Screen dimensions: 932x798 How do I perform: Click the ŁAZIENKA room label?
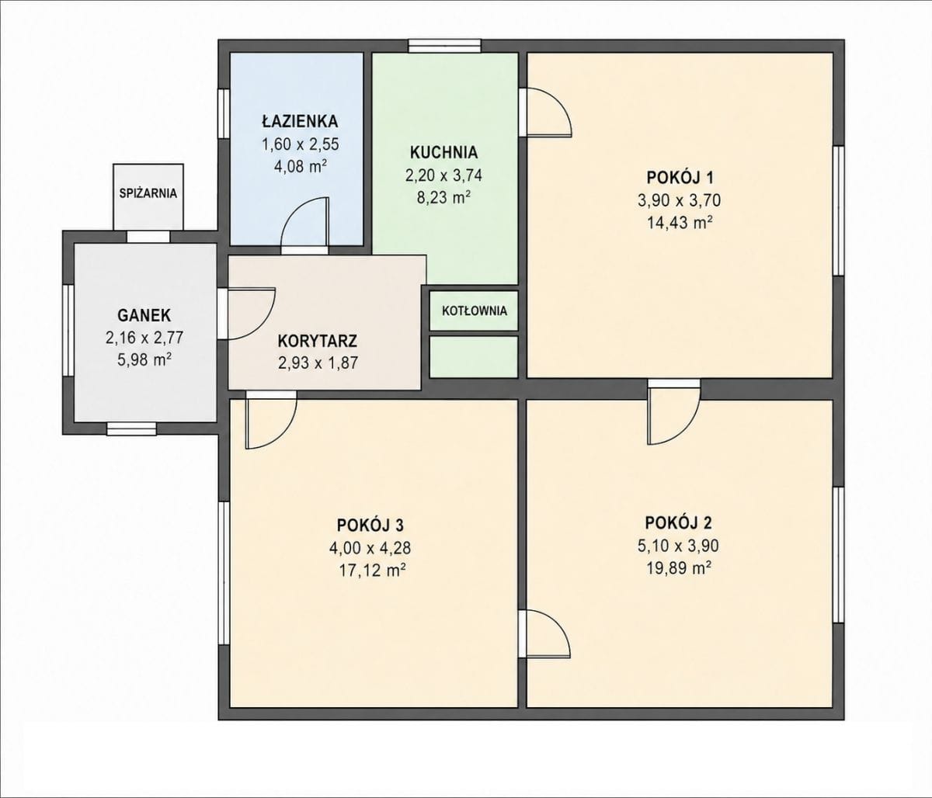click(x=300, y=121)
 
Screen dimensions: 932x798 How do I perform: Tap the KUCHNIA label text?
click(x=443, y=152)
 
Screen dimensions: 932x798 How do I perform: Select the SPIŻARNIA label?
click(x=148, y=193)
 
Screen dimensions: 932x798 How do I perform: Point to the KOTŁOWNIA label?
click(x=475, y=311)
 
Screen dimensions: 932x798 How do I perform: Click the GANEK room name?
click(x=144, y=315)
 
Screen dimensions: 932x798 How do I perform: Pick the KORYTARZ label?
click(x=318, y=341)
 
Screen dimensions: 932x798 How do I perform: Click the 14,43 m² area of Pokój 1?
click(x=680, y=223)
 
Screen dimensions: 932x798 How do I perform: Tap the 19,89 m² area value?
click(x=679, y=568)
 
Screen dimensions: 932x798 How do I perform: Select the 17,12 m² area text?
click(x=371, y=571)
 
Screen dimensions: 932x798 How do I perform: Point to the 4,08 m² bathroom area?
click(x=301, y=167)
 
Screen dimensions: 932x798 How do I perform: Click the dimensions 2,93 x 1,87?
click(x=318, y=363)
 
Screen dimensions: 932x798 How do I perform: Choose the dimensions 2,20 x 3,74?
click(x=443, y=175)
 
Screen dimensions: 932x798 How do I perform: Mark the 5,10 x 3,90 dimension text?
click(x=678, y=546)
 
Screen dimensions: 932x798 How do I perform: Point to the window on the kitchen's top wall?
click(x=444, y=46)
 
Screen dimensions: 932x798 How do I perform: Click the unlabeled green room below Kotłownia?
click(x=473, y=356)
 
